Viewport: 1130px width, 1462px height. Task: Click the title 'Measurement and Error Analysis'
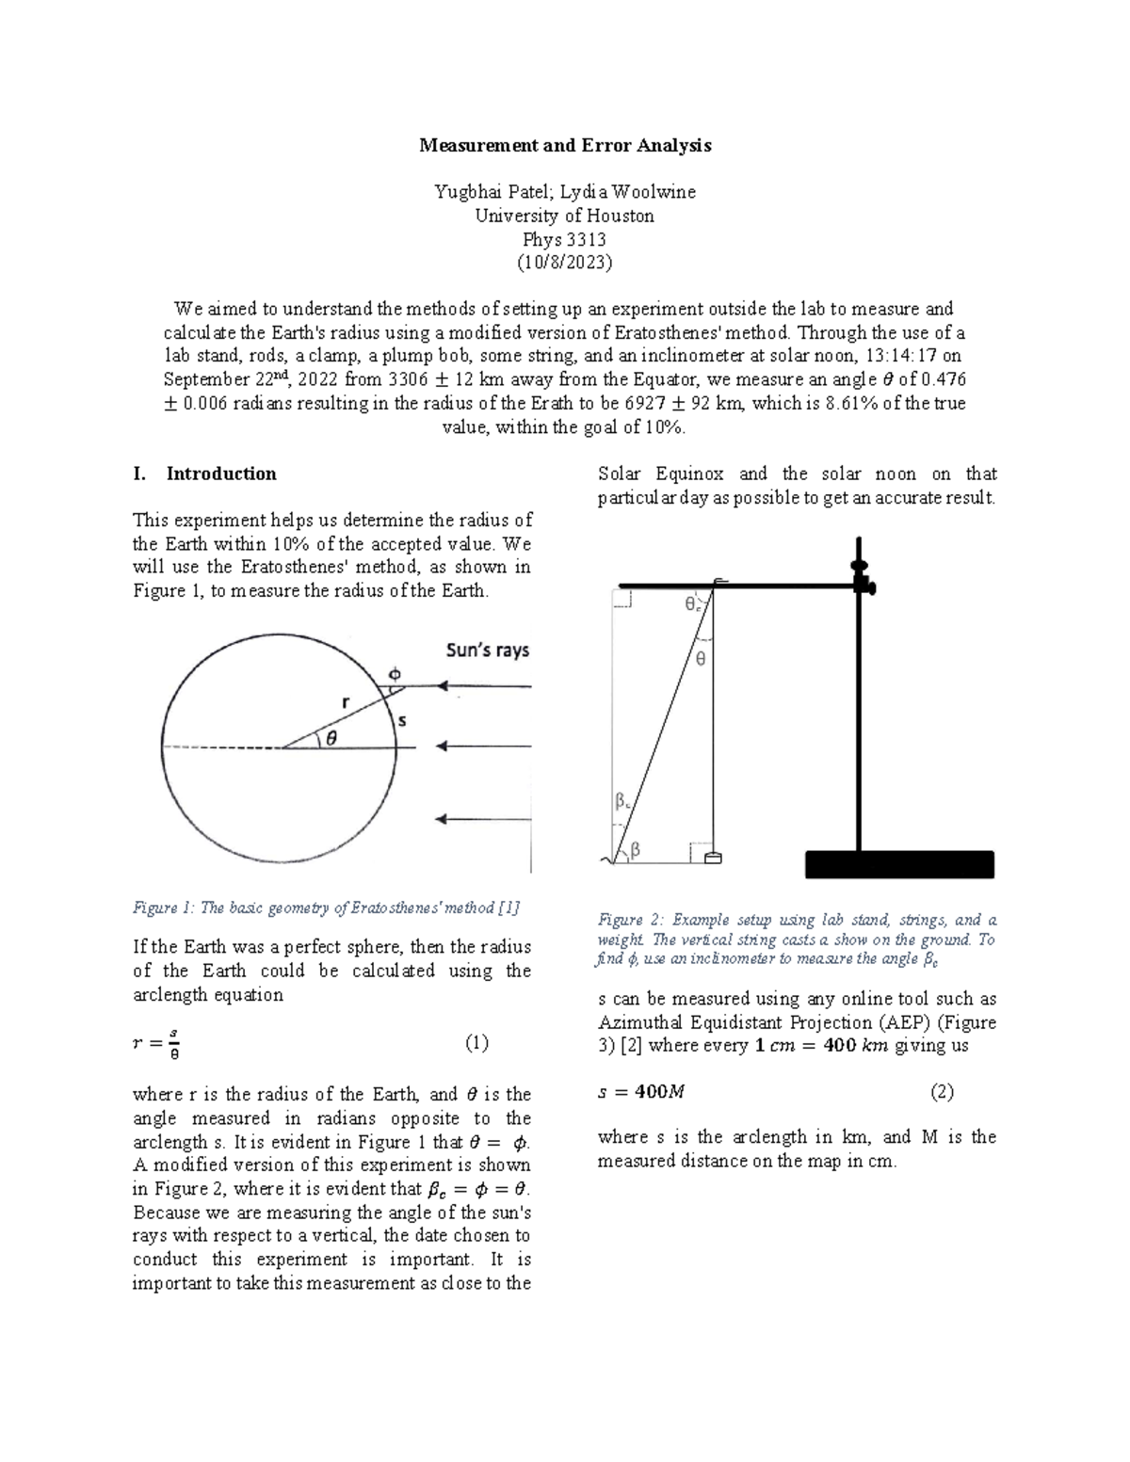[565, 146]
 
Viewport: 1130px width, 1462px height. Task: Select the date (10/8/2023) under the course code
[565, 263]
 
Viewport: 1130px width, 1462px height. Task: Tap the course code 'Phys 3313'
[565, 239]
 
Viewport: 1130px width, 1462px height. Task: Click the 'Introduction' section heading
[221, 474]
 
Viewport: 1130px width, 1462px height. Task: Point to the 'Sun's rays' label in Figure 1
[487, 651]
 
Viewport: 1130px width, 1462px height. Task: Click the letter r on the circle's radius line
[346, 701]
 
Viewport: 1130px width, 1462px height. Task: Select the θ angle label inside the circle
[331, 739]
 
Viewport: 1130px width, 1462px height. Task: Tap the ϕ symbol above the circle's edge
[395, 674]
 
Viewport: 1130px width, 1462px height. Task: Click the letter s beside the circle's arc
[402, 721]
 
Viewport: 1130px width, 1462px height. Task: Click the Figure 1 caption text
[326, 908]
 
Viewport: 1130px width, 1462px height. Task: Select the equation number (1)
[476, 1043]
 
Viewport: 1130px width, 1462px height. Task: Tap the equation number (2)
[942, 1092]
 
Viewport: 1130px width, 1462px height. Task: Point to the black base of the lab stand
[899, 864]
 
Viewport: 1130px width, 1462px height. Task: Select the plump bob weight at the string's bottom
[713, 857]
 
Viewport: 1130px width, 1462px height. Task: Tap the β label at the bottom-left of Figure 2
[636, 850]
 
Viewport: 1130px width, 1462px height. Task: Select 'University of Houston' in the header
[565, 216]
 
